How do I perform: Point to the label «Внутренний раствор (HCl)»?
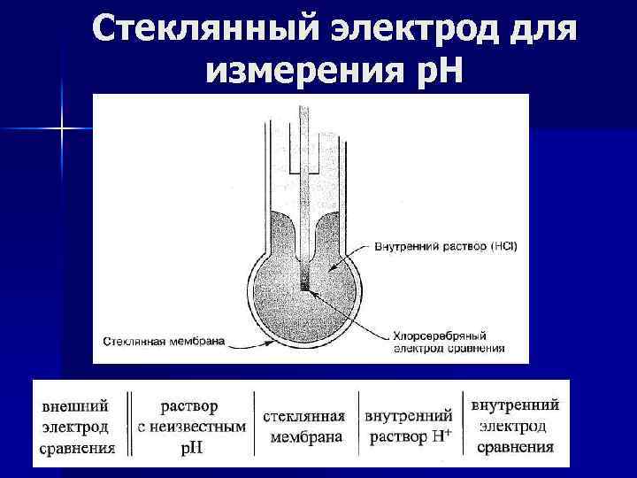(x=446, y=245)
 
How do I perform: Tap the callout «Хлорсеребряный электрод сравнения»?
(x=448, y=342)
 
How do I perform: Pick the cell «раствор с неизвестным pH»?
(x=191, y=427)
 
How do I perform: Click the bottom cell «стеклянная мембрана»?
(x=304, y=427)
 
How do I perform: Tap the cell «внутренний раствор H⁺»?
(x=410, y=427)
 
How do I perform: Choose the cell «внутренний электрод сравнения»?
(x=516, y=426)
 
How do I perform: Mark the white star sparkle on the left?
(x=61, y=129)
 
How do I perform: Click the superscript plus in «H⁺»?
(x=447, y=432)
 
